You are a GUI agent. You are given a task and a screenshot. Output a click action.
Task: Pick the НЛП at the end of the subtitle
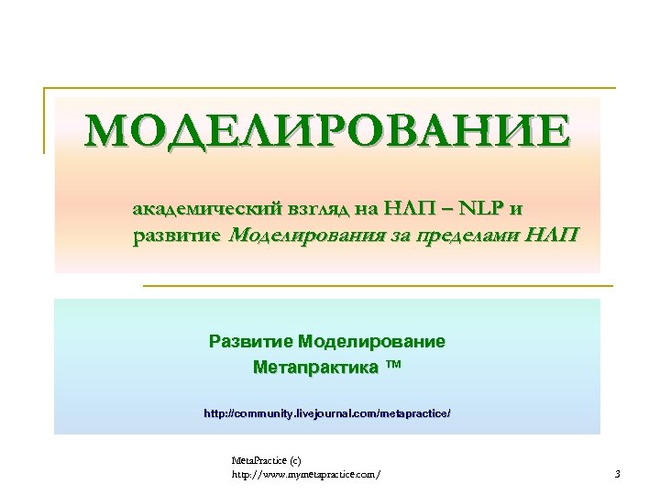tap(554, 236)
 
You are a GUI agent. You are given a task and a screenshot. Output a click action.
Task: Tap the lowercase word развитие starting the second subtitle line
tap(176, 236)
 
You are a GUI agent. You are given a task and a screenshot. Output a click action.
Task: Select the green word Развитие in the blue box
tap(249, 342)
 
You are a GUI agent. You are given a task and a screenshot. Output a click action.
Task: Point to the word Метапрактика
tap(314, 368)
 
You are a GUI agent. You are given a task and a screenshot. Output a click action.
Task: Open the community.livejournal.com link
tap(327, 414)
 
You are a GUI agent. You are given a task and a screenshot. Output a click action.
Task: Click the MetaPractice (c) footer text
tap(266, 459)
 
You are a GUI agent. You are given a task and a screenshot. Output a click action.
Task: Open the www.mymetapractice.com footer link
tap(306, 474)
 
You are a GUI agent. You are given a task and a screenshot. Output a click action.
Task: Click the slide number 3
tap(617, 474)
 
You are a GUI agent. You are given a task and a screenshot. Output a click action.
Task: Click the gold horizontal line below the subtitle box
tap(377, 286)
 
